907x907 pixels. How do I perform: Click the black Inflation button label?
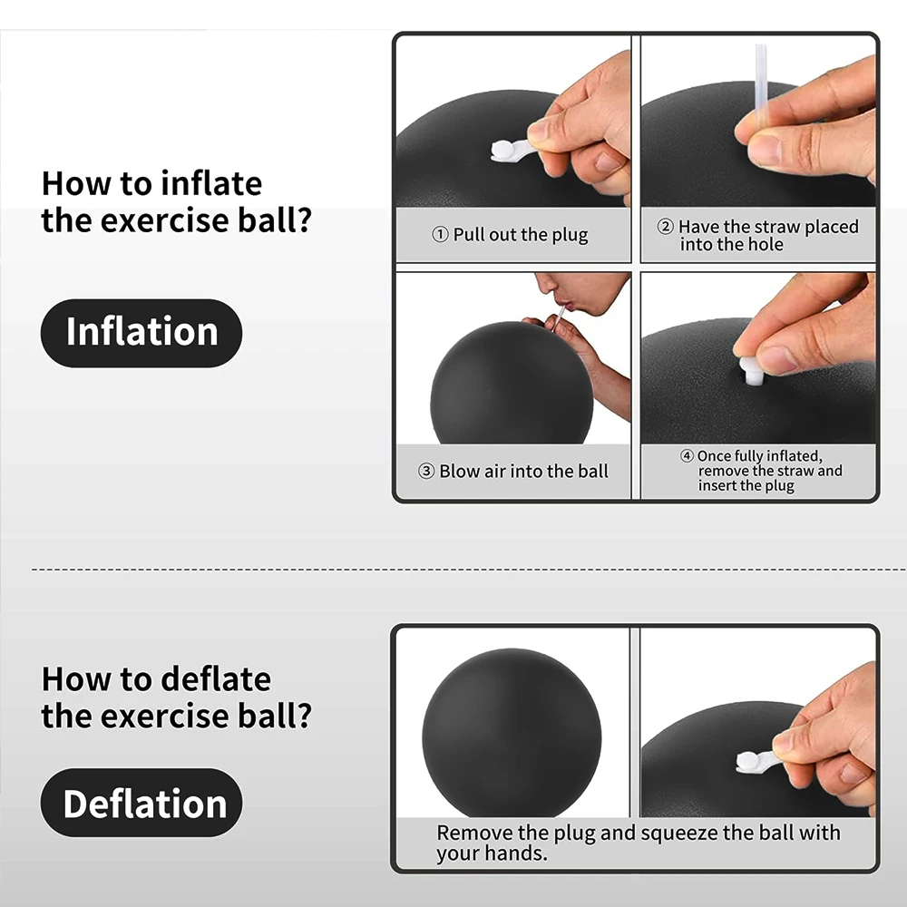[141, 333]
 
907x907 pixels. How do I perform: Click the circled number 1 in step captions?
[441, 236]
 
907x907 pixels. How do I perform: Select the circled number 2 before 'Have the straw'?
[666, 227]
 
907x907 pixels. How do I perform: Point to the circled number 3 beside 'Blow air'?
[426, 472]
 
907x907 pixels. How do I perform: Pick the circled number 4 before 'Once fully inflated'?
[687, 456]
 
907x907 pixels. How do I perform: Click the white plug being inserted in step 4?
[752, 369]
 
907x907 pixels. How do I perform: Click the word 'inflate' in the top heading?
[211, 183]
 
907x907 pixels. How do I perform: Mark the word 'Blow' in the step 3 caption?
[459, 472]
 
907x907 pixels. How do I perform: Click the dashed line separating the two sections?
[453, 570]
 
